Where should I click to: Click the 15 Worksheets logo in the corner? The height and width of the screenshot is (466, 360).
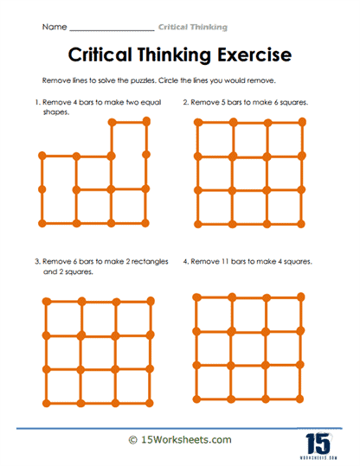point(321,438)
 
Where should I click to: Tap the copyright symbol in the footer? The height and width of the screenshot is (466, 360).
point(132,440)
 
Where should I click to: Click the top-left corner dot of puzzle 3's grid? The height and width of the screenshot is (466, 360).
point(44,301)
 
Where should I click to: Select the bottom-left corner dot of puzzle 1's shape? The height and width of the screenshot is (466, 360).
point(41,222)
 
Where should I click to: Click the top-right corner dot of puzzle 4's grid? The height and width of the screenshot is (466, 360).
point(302,297)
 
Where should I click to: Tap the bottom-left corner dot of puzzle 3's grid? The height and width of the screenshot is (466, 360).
point(44,402)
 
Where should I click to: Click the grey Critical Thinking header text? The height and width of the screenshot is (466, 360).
point(196,29)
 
